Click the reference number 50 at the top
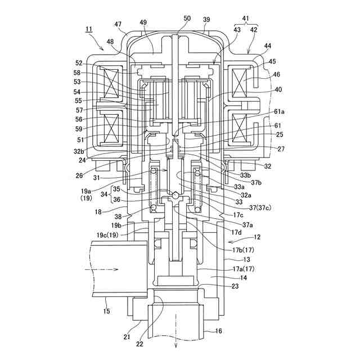coord(187,19)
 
